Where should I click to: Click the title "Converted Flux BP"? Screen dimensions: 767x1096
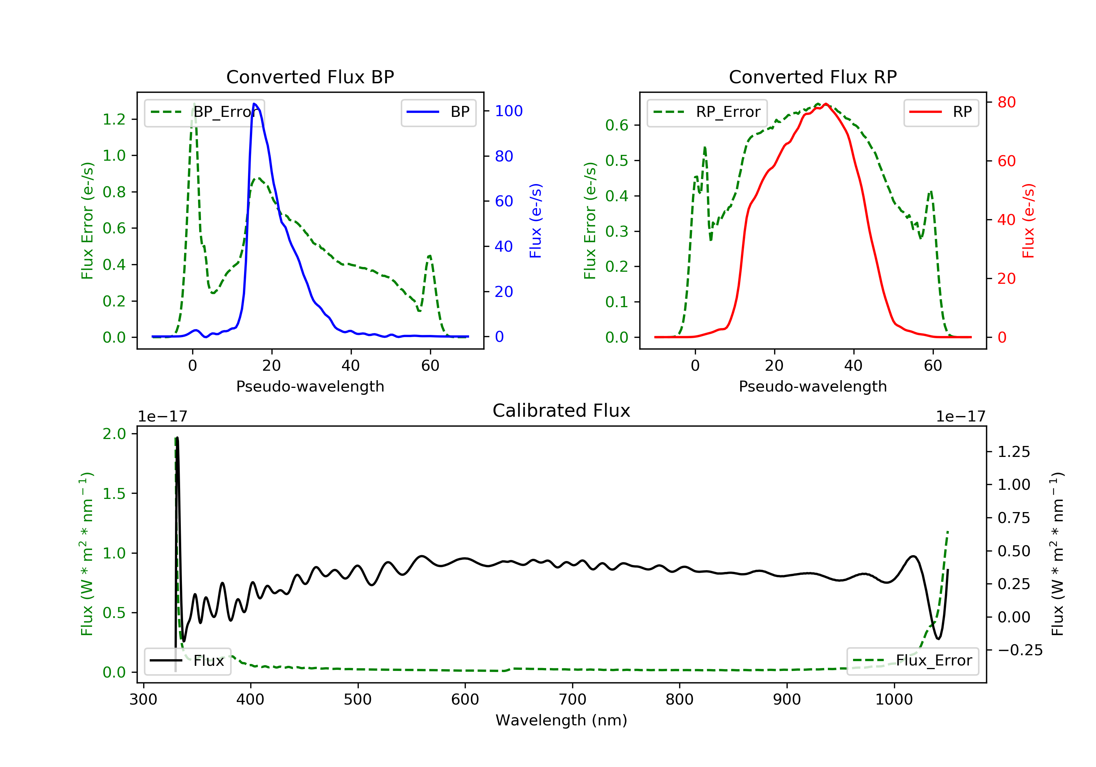click(310, 77)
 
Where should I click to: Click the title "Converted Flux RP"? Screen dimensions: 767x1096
click(813, 77)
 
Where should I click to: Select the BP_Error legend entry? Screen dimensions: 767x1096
click(204, 112)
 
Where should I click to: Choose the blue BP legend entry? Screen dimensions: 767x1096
click(438, 112)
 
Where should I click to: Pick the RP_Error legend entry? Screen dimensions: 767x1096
click(707, 112)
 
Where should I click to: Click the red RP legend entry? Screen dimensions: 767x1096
click(941, 112)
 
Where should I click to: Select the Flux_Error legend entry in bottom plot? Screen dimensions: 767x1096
click(912, 661)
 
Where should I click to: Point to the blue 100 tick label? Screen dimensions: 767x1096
click(509, 111)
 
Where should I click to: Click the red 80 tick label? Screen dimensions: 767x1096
click(1006, 102)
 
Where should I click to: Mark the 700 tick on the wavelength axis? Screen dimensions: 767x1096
click(572, 700)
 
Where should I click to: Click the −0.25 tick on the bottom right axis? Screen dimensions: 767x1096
click(1020, 650)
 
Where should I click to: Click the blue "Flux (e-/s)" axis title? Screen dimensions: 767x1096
click(536, 221)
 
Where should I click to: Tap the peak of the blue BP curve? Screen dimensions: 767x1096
click(254, 104)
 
